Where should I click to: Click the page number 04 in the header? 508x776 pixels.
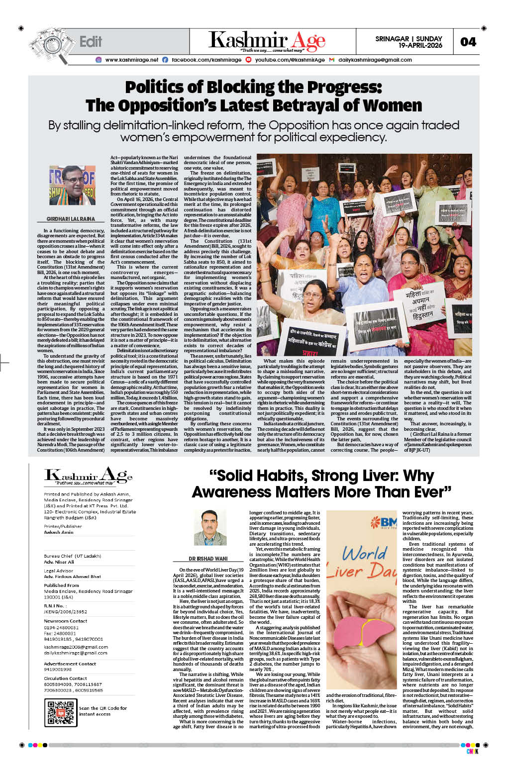[x=468, y=42]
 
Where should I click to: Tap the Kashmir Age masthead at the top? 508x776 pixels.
[x=267, y=41]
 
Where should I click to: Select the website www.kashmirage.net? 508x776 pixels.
[x=131, y=60]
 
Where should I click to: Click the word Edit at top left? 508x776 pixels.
[x=91, y=42]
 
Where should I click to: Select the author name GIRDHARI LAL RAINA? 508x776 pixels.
[x=71, y=219]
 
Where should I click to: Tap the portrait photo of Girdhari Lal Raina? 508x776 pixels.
[x=72, y=186]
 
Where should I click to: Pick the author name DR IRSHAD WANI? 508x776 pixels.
[x=208, y=559]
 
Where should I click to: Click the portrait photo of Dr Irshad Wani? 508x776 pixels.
[x=209, y=527]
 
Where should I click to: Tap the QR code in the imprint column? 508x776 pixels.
[x=60, y=712]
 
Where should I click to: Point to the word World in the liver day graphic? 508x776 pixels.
[x=364, y=553]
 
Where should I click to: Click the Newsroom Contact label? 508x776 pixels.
[x=65, y=621]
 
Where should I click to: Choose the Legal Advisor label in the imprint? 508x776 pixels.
[x=58, y=571]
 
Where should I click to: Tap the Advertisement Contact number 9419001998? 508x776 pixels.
[x=58, y=670]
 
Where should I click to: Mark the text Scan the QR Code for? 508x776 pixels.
[x=103, y=708]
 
